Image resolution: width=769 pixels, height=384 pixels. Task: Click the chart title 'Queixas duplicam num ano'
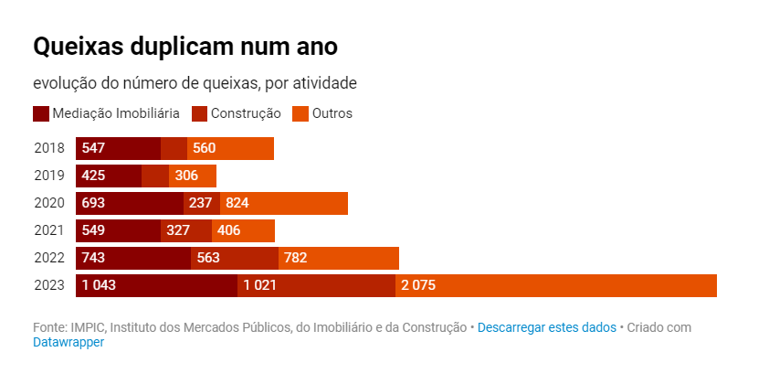tap(185, 47)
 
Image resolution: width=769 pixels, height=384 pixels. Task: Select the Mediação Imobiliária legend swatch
tap(40, 114)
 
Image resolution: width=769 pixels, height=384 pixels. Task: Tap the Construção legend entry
tap(236, 114)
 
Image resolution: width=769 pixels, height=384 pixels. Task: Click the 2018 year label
tap(49, 148)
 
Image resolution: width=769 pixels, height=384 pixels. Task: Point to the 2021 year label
tap(49, 230)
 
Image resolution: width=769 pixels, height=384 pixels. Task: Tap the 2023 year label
tap(49, 285)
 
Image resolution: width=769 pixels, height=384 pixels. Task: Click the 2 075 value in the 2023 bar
tap(418, 285)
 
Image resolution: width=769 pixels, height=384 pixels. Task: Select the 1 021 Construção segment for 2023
tap(316, 285)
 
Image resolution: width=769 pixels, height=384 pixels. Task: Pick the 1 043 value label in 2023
tap(99, 285)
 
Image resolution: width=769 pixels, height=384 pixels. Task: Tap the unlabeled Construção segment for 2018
tap(174, 148)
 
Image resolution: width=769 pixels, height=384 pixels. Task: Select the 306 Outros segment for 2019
tap(193, 176)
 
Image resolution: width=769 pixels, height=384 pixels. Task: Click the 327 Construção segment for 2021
tap(186, 230)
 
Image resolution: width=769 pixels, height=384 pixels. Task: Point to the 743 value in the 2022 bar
tap(94, 258)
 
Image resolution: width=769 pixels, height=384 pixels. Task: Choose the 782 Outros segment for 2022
tap(338, 258)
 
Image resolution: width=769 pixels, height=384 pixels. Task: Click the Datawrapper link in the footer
tap(68, 342)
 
